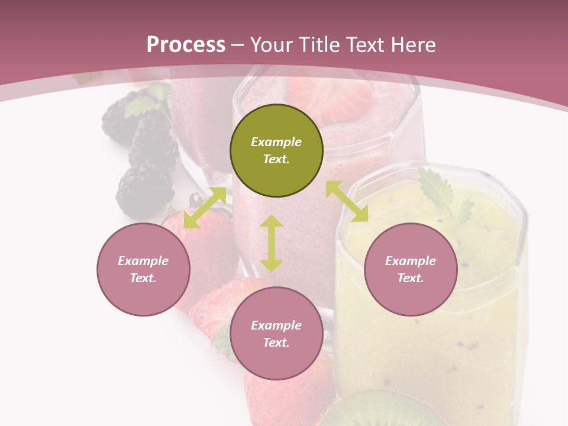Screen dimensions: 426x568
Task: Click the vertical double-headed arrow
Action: coord(272,243)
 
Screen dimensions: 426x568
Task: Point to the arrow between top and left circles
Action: coord(205,208)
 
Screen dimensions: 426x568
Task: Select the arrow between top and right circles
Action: coord(347,201)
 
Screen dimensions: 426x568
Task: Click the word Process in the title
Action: coord(186,44)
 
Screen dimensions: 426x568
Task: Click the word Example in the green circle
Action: coord(276,142)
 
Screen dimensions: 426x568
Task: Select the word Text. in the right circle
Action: coord(411,278)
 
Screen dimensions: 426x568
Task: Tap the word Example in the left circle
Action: coord(143,261)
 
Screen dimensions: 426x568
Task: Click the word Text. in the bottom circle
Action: coord(276,343)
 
